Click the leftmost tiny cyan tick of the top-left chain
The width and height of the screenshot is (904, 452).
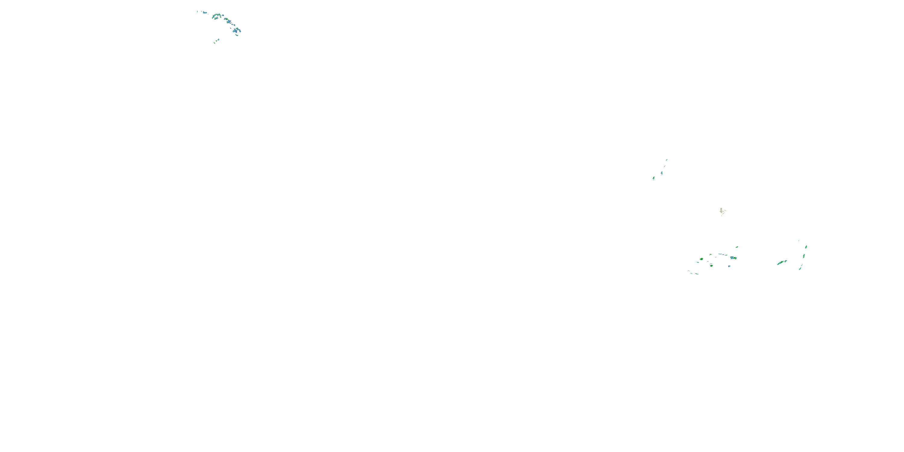[198, 11]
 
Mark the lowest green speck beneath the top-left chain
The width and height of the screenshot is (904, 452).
[215, 43]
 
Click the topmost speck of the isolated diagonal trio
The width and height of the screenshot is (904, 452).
[667, 160]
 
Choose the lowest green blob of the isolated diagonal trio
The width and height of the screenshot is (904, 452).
[653, 178]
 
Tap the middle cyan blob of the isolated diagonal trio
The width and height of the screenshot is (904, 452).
[661, 173]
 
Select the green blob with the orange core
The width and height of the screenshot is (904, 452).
[735, 258]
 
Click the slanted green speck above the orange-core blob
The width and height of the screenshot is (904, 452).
[737, 247]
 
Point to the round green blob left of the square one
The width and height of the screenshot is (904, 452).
[702, 259]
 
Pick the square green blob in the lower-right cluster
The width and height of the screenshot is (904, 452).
[711, 266]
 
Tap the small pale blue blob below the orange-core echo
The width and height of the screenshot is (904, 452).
[729, 266]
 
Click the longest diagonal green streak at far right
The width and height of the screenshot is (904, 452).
[780, 263]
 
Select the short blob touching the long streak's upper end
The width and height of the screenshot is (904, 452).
[785, 262]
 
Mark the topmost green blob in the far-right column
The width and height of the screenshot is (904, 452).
[806, 247]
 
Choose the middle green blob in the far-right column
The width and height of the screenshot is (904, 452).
[804, 256]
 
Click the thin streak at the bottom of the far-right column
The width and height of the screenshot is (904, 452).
[800, 268]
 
